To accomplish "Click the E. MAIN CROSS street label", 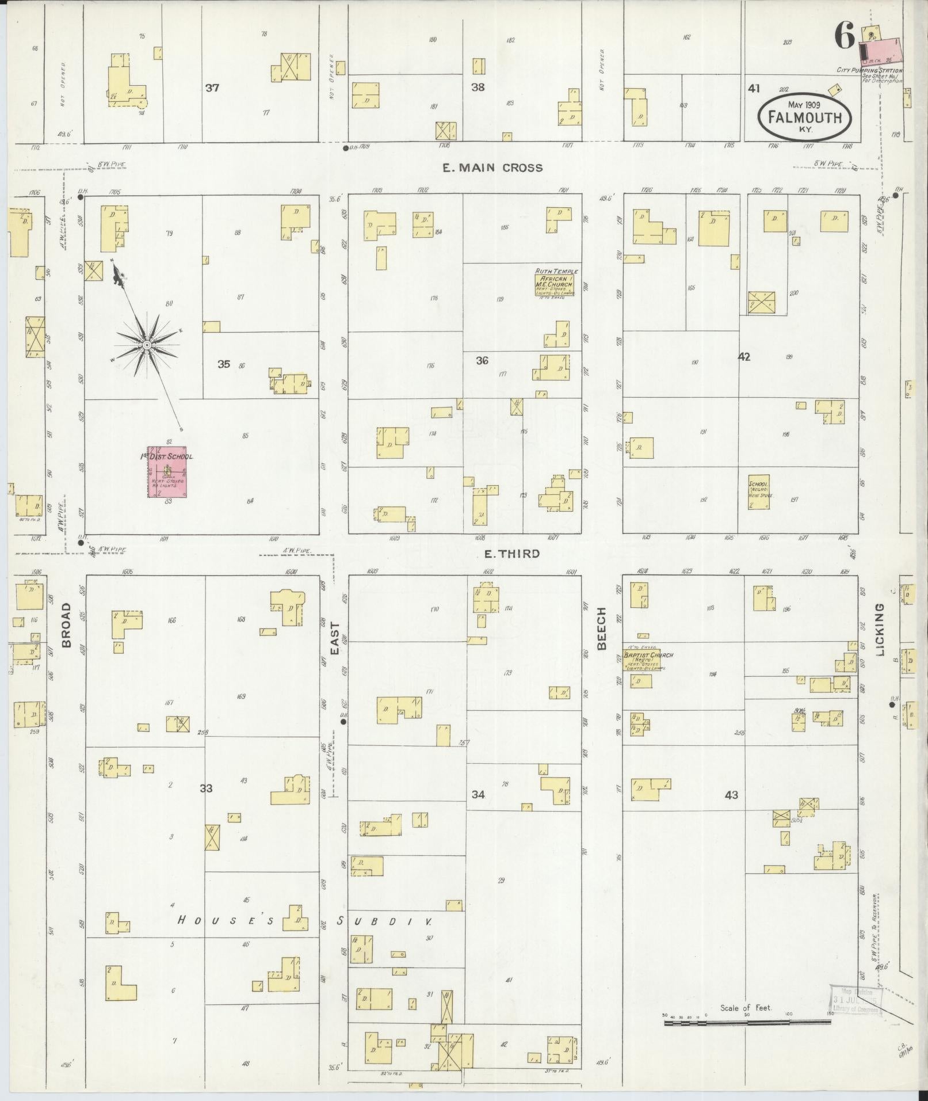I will tap(492, 168).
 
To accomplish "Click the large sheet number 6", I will tap(845, 37).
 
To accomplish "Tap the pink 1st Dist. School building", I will tap(167, 471).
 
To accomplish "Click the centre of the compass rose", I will tap(147, 345).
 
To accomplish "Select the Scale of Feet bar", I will tap(747, 619).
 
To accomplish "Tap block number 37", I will tap(213, 88).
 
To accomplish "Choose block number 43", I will tap(731, 795).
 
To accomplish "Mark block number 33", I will tap(206, 788).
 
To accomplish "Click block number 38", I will tap(478, 87).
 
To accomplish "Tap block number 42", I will tap(744, 357).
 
